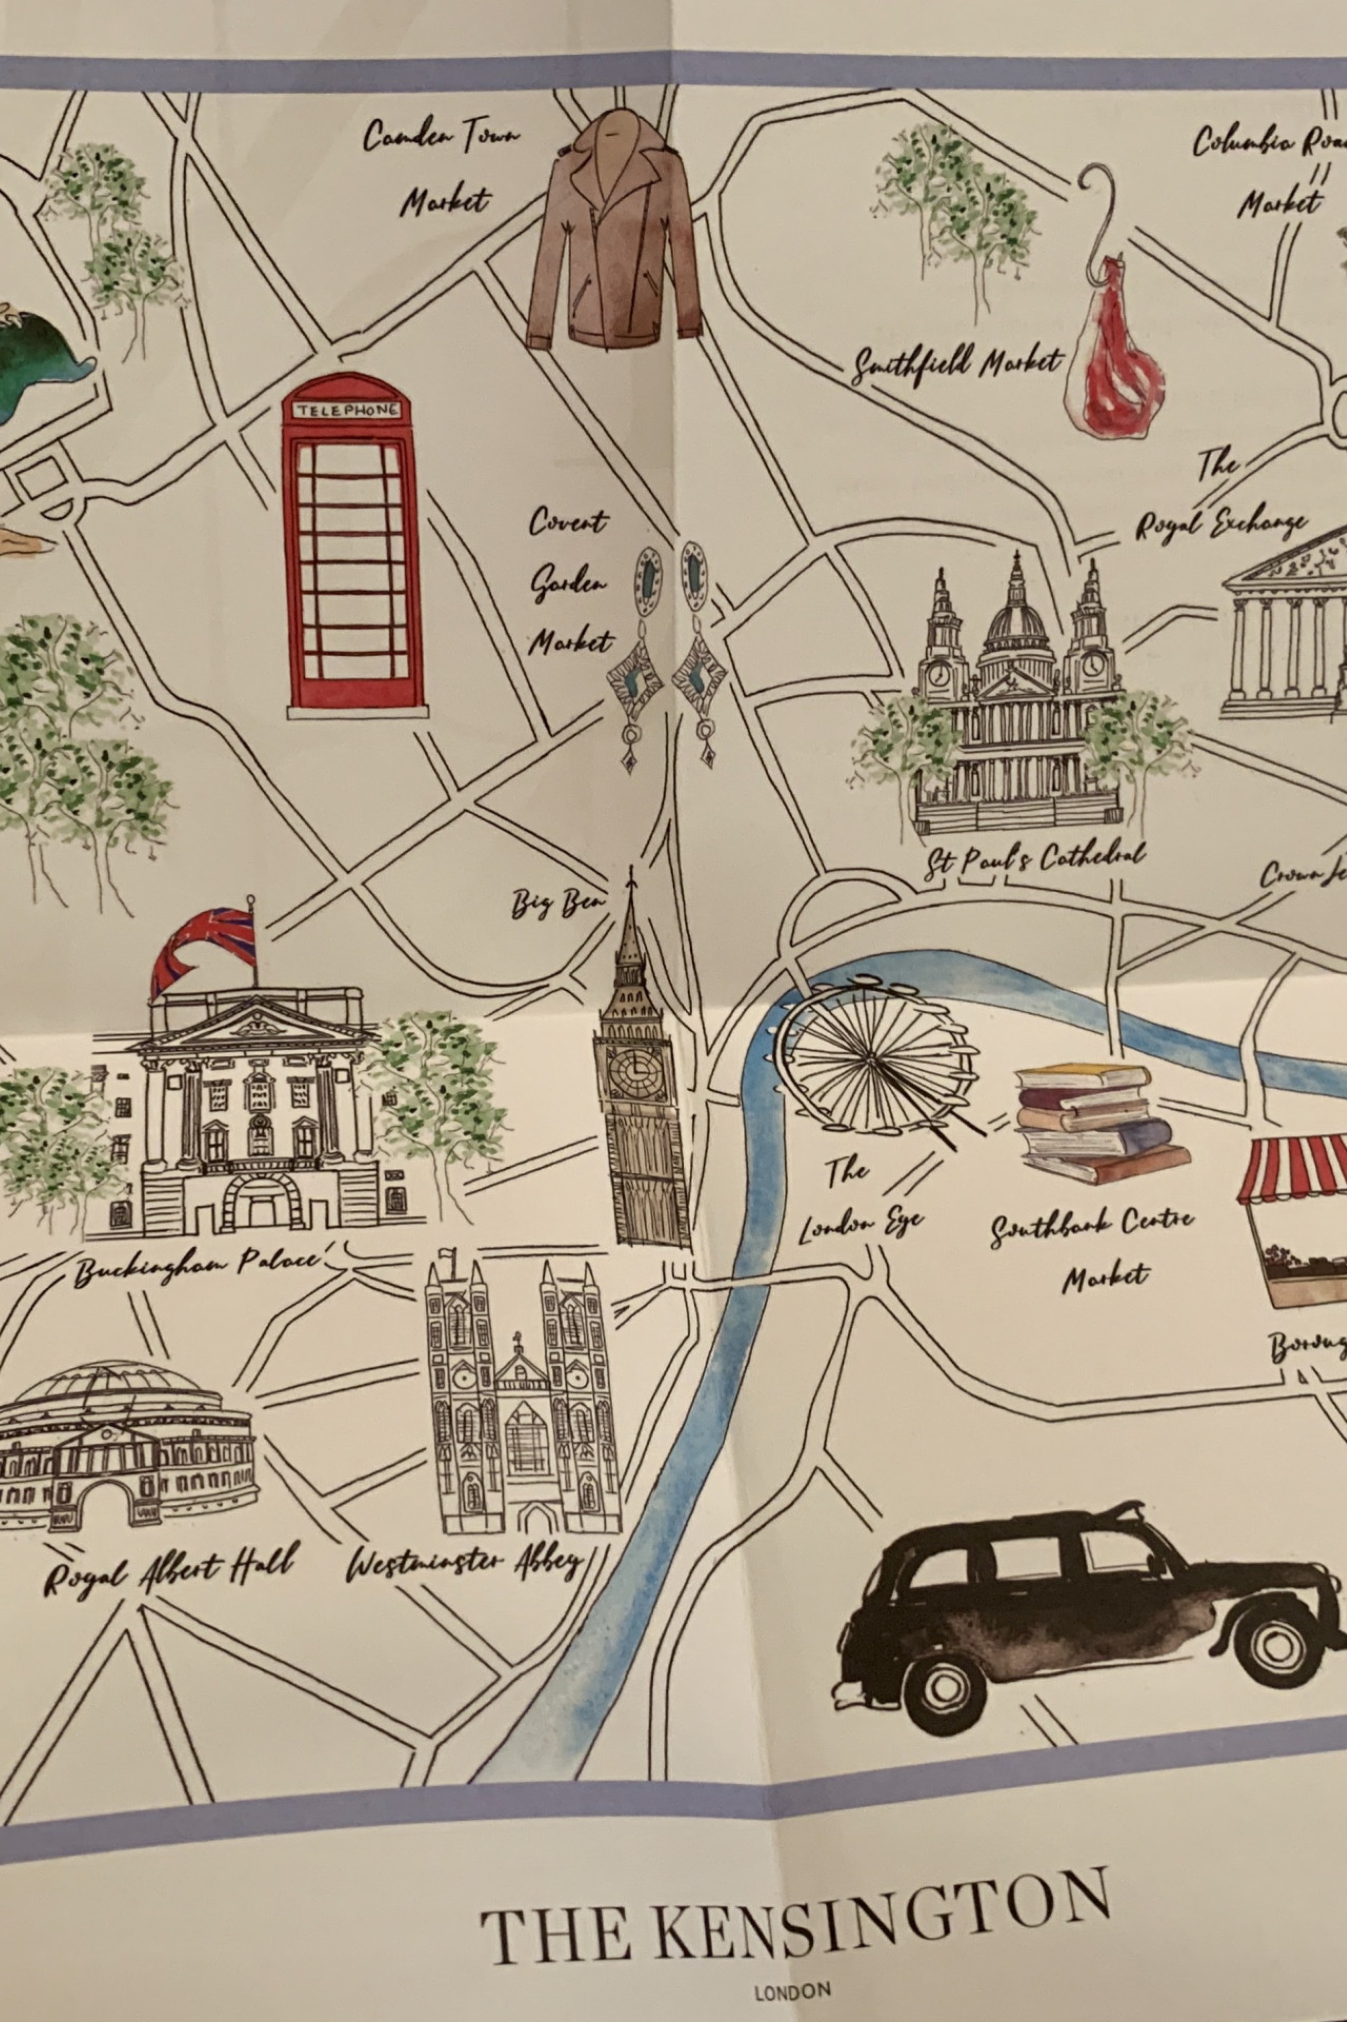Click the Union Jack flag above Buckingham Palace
pyautogui.click(x=206, y=948)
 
